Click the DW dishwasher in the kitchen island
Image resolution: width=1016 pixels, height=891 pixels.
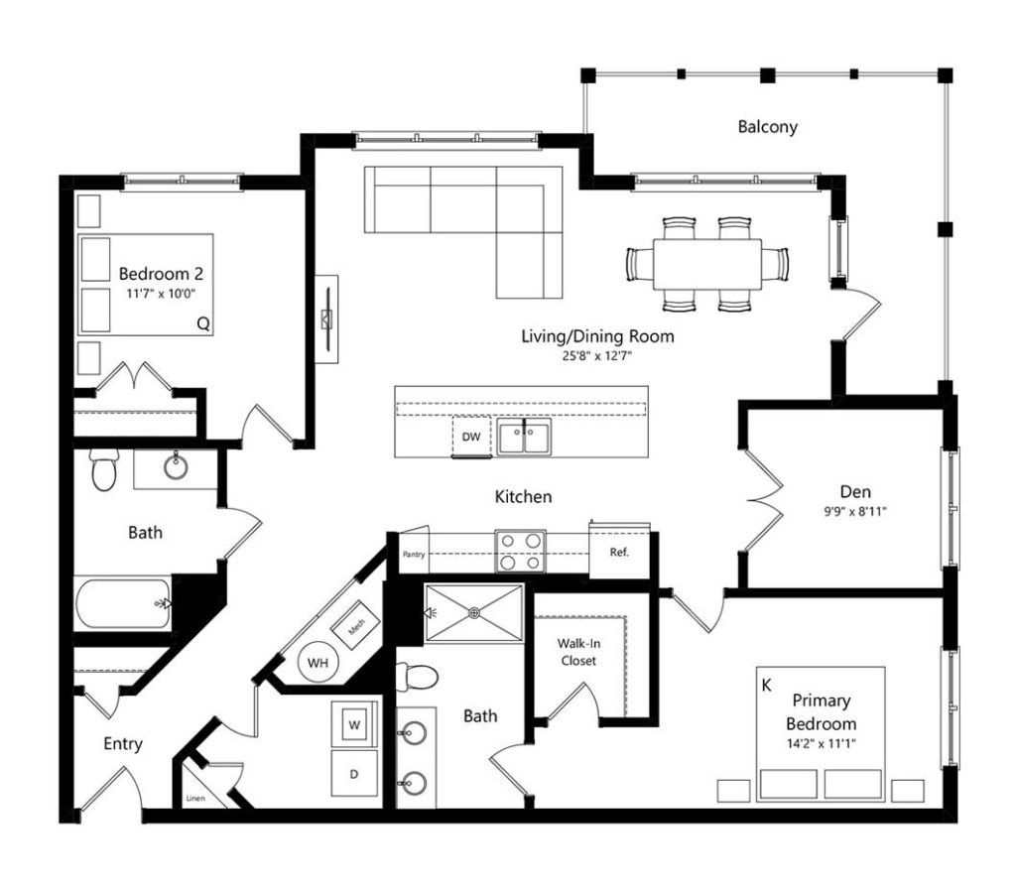(471, 437)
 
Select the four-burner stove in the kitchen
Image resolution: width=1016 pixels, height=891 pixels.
(520, 552)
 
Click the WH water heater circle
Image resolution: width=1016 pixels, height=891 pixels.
(317, 662)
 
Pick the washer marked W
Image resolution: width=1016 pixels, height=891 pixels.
(354, 724)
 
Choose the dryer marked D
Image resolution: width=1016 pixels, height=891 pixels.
(354, 774)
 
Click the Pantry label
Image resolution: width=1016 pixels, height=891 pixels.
(414, 555)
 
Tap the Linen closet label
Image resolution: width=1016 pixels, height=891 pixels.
(195, 799)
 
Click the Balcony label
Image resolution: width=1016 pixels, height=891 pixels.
(767, 126)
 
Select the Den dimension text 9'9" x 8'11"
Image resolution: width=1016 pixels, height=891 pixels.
(855, 511)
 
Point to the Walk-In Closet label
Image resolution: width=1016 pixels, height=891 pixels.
(578, 652)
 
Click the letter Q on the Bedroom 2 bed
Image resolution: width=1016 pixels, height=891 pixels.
(203, 323)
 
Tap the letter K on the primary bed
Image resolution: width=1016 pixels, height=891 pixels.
(767, 685)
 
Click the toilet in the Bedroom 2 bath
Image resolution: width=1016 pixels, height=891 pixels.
(103, 469)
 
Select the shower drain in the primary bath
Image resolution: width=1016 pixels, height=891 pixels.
(474, 612)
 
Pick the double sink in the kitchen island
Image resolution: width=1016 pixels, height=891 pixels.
(524, 437)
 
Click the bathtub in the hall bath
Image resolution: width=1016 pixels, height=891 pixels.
(123, 604)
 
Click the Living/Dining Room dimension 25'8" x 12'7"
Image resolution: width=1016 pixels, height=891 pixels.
(597, 355)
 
